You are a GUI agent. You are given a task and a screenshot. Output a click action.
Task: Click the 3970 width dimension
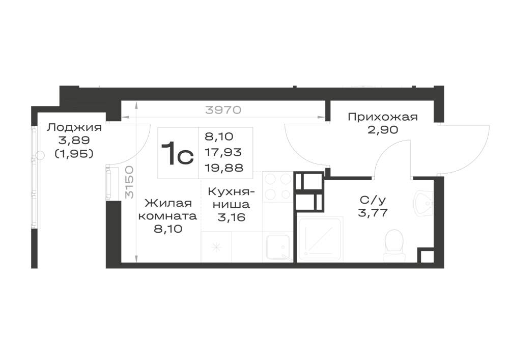click(223, 110)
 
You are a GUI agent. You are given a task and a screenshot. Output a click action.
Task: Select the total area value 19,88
click(223, 168)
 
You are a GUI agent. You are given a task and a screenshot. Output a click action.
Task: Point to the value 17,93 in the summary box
click(223, 152)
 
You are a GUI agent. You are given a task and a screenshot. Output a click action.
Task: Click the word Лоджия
click(74, 128)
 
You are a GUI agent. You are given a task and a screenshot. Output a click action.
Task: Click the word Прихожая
click(383, 117)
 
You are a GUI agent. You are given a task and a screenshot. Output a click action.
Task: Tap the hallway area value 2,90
click(383, 130)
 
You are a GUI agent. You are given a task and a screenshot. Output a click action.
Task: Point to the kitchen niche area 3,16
click(231, 217)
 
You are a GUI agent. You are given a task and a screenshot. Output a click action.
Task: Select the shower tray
click(320, 239)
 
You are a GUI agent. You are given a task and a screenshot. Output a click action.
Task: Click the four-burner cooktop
click(277, 186)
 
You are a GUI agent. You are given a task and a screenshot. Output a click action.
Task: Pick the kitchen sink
click(279, 247)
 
